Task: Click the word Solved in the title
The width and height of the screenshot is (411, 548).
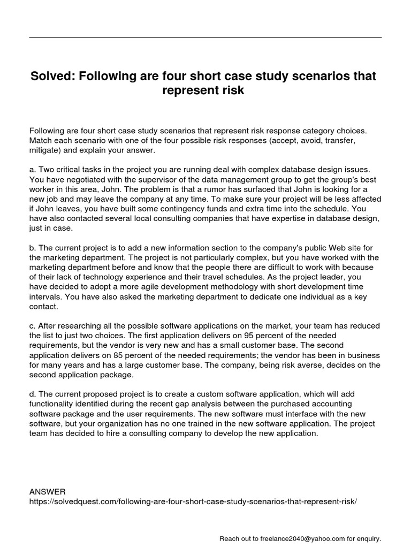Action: click(51, 77)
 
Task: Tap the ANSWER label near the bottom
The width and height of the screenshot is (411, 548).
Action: click(48, 491)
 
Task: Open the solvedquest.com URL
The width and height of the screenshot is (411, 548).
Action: click(193, 501)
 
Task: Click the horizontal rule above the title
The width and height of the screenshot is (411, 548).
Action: click(205, 37)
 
